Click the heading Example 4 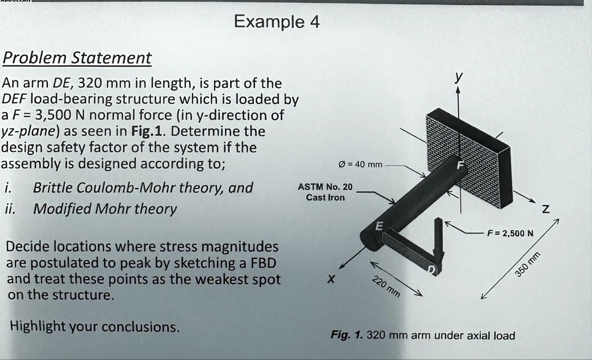[x=276, y=23]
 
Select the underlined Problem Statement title [x=77, y=58]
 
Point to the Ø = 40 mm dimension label [x=359, y=165]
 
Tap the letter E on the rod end [x=380, y=226]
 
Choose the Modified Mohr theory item [x=105, y=209]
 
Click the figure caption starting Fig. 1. [x=422, y=335]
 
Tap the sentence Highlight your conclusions [x=95, y=326]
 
